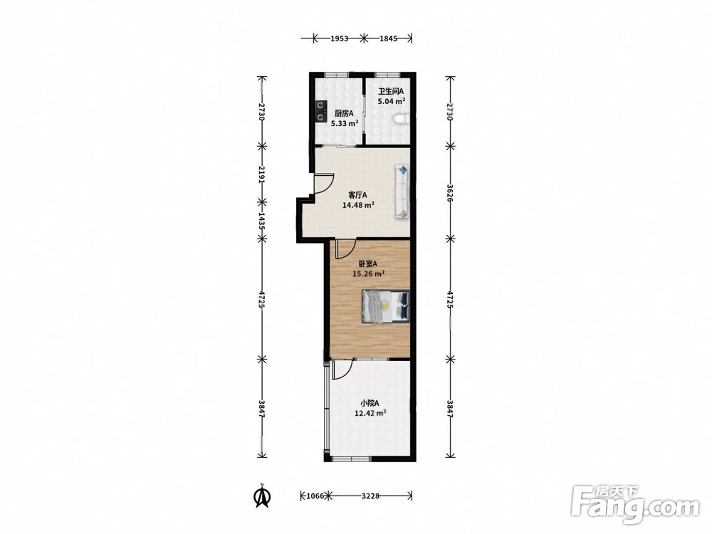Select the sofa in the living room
coord(402,192)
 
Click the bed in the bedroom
coord(385,306)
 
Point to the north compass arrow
coord(262,496)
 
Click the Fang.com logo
coord(635,505)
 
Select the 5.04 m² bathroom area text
coord(392,101)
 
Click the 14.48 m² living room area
coord(358,205)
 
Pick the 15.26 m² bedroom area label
coord(369,274)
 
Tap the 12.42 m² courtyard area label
coord(370,413)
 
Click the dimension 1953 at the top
coord(339,38)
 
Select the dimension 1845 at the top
coord(388,38)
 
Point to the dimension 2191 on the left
coord(261,174)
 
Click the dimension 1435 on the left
coord(261,220)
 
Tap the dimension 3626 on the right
coord(449,192)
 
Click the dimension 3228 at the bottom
coord(370,496)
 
